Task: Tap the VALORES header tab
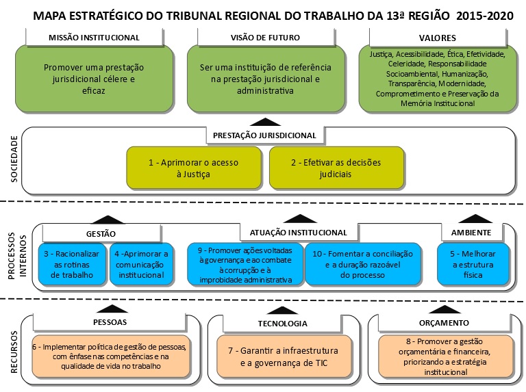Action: (x=437, y=37)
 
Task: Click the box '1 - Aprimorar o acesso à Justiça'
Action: (x=194, y=168)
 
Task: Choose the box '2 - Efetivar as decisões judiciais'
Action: (x=326, y=168)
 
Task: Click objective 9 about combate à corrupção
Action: (x=245, y=264)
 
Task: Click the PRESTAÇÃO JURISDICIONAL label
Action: (x=264, y=135)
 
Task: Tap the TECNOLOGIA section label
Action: (x=282, y=323)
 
